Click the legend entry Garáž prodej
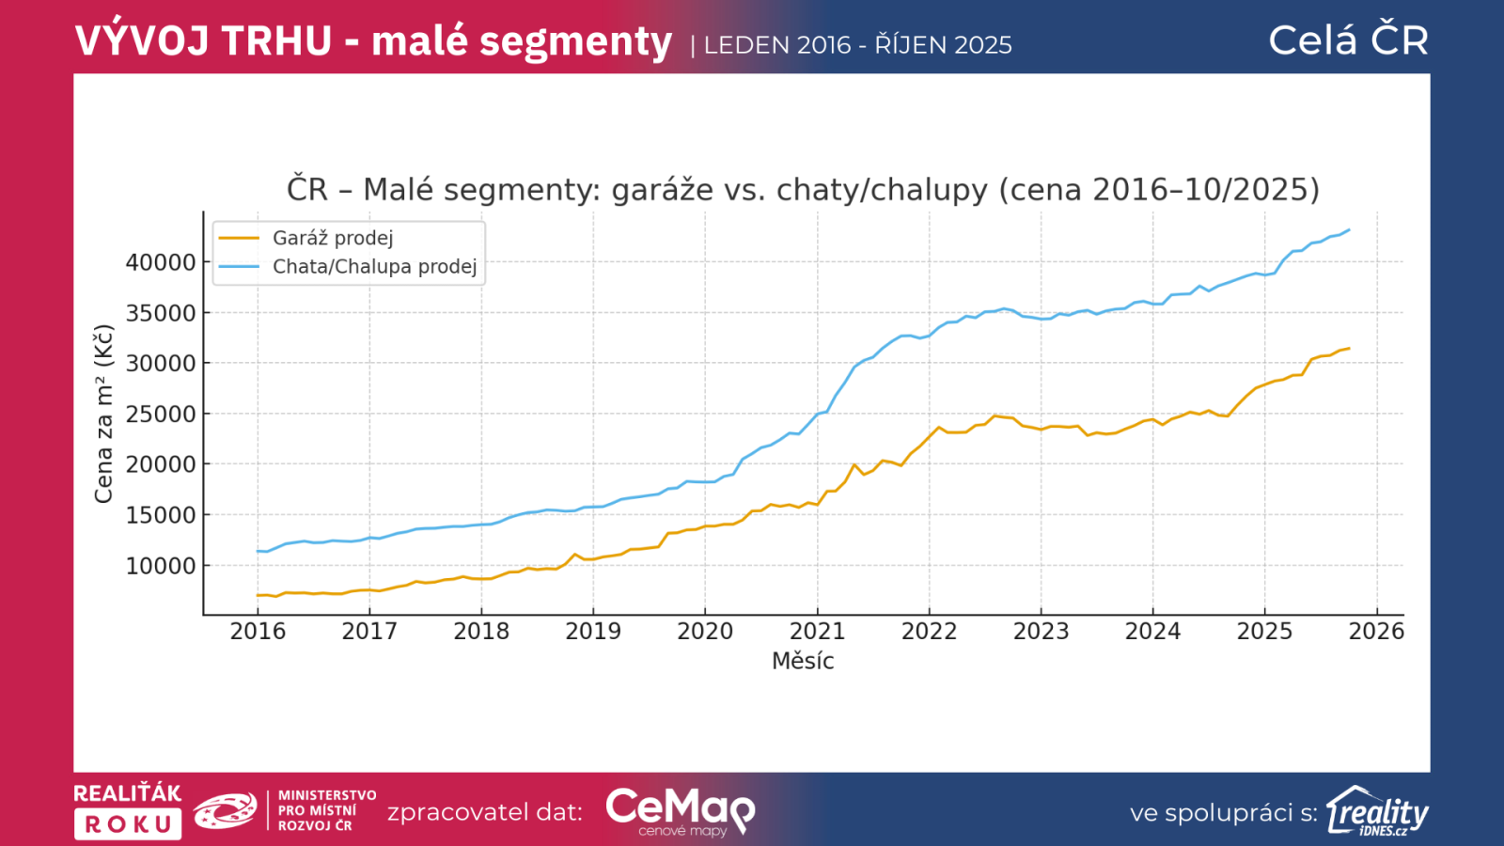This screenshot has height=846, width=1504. [x=333, y=238]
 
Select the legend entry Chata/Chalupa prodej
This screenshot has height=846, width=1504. [x=374, y=266]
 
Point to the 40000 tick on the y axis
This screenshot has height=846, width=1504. [x=161, y=262]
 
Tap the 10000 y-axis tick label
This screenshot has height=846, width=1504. [x=161, y=566]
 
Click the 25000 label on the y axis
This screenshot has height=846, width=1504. [x=161, y=414]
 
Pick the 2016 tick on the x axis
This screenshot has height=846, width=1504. [x=258, y=631]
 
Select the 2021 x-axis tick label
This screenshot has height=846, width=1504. [x=817, y=631]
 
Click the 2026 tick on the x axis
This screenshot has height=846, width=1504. [x=1376, y=631]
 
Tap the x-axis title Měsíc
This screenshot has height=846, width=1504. [x=803, y=661]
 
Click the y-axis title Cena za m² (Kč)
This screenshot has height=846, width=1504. [x=103, y=414]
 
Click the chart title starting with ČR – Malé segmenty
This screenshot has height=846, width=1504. [x=803, y=190]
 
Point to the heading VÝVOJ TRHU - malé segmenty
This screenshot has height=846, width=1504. [x=373, y=41]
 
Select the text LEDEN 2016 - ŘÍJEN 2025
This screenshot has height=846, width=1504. [x=857, y=45]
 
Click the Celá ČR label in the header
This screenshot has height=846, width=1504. [x=1348, y=40]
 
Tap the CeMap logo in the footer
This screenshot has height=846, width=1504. [x=681, y=811]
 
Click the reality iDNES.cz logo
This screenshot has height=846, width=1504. [x=1377, y=811]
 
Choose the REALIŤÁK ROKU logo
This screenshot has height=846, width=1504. [x=128, y=810]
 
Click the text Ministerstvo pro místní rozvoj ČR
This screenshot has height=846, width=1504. [x=326, y=810]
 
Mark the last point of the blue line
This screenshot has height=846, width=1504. [x=1349, y=229]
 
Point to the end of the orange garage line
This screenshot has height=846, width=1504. [x=1349, y=349]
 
